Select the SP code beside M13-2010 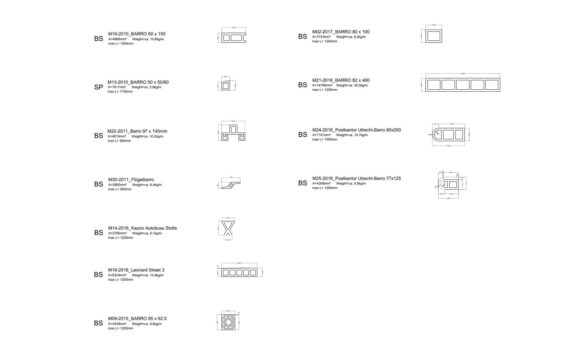pos(98,87)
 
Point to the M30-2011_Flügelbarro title pos(131,180)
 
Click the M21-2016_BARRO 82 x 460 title pos(341,80)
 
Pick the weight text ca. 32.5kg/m pos(352,85)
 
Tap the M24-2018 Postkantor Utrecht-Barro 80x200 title pos(356,130)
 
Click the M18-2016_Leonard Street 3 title pos(136,270)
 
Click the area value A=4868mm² pos(118,39)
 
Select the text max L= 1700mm pos(120,92)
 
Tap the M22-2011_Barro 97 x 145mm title pos(137,131)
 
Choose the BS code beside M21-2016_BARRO pos(302,85)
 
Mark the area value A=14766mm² pos(322,85)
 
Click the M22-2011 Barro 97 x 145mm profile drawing pos(232,132)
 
